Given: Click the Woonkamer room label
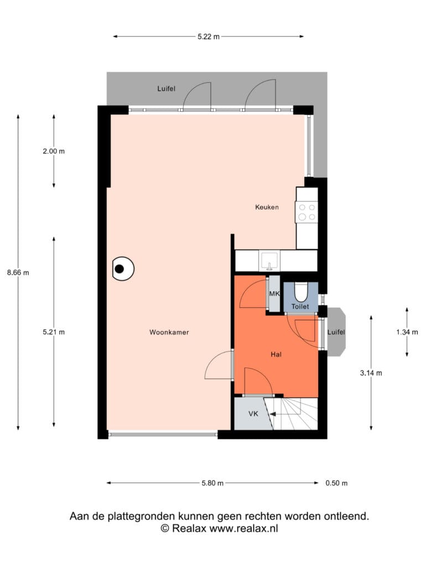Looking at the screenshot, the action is click(169, 332).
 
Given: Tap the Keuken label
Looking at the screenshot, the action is click(267, 207).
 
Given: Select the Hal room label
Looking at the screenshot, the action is click(276, 354).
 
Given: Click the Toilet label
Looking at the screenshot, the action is click(300, 306).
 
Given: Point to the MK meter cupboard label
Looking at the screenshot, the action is click(274, 294).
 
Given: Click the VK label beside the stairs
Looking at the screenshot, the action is click(253, 413).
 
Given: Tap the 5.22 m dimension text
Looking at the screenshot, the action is click(209, 36).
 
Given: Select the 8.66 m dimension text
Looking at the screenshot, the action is click(18, 272).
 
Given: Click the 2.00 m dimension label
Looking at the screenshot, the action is click(54, 151).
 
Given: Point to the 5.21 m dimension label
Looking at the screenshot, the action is click(54, 332).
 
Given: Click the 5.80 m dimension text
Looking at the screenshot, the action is click(212, 483).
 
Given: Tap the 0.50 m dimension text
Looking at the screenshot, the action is click(336, 483).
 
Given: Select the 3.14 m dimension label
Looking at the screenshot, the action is click(371, 373).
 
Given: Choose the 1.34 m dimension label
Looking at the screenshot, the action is click(407, 332).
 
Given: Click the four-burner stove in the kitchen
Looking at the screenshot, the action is click(307, 212).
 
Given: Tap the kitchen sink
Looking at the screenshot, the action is click(269, 261).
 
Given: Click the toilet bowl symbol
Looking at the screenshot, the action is click(300, 292).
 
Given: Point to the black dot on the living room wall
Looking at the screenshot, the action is click(120, 269).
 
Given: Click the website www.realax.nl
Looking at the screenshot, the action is click(243, 528).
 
